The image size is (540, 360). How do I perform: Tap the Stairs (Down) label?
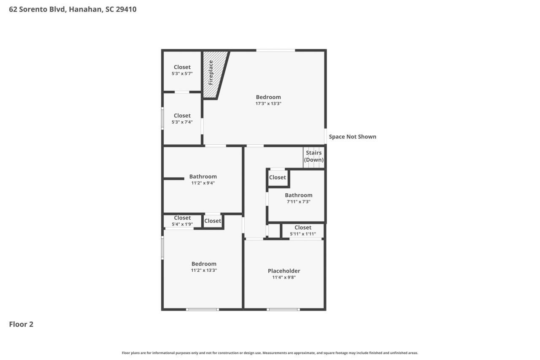pos(313,156)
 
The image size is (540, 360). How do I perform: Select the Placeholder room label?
pos(284,271)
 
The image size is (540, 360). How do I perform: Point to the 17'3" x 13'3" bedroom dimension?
pos(268,103)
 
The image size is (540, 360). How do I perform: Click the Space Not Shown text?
pos(352,137)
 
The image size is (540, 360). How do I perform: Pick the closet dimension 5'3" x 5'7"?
pos(182,73)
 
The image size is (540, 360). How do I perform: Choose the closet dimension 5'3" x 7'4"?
pos(182,122)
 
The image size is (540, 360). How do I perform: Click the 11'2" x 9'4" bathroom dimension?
pos(203,183)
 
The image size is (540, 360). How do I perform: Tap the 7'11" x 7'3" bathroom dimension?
pos(298,202)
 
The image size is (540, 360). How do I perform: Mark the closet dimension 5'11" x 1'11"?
pos(303,234)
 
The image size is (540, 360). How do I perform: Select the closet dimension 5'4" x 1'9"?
pos(182,224)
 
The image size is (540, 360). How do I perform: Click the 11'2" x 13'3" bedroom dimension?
pos(204,270)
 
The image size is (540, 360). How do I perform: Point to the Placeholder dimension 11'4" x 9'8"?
pos(284,277)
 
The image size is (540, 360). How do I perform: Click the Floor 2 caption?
pos(21,324)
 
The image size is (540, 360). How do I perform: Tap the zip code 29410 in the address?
pos(126,9)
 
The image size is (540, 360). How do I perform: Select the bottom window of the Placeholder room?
pos(283,309)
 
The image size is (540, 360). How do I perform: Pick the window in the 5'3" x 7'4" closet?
pos(162,118)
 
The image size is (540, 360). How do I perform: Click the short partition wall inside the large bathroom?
pos(174,179)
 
